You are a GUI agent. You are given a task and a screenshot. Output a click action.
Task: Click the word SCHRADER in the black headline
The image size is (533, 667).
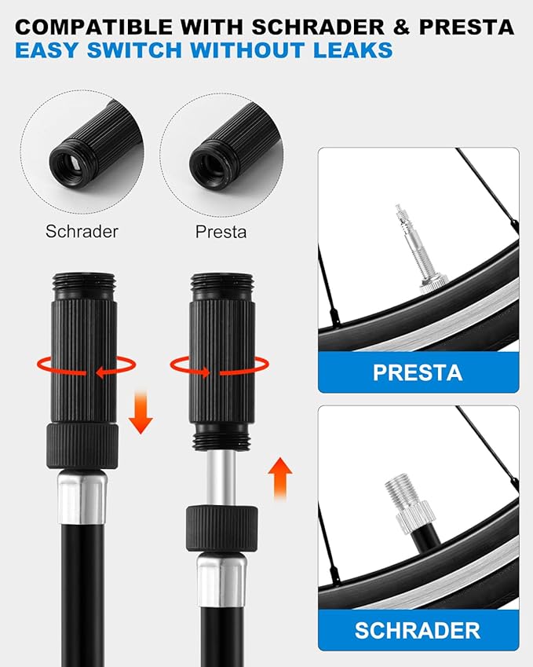pos(319,27)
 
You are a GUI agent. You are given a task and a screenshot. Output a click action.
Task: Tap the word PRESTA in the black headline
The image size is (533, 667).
pos(467,27)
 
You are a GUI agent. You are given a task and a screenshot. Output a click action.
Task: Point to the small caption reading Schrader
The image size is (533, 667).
pos(82,232)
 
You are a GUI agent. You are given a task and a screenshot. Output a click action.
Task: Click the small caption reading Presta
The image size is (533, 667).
pos(221,232)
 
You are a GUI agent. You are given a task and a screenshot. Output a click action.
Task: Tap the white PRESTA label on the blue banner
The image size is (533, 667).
pos(418,372)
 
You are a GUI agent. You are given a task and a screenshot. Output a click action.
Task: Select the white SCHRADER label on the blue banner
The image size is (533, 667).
pos(418,630)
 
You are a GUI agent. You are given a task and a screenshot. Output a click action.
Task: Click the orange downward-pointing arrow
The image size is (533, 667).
pos(141,412)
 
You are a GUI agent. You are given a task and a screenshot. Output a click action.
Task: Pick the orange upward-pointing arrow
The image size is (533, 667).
pos(280,478)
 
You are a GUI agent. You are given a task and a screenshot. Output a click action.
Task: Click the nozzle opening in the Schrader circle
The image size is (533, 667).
pos(71,163)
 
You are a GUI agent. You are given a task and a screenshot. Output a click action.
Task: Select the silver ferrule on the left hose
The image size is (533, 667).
pos(82,497)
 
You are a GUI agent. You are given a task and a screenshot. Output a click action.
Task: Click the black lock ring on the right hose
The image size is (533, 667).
pos(221,529)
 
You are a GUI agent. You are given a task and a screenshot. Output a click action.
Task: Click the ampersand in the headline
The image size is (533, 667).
pos(402,27)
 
